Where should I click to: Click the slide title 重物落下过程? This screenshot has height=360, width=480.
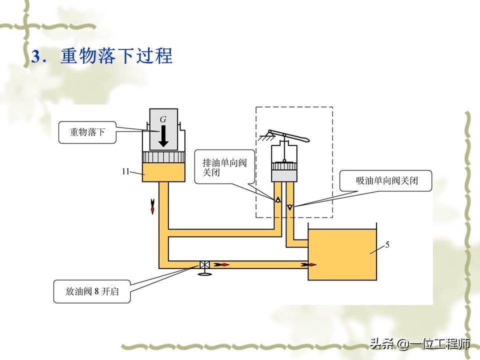116,56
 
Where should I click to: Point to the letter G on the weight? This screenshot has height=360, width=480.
163,120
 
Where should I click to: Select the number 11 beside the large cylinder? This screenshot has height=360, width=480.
126,171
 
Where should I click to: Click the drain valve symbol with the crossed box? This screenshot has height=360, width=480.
204,265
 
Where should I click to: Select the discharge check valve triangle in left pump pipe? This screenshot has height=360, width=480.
276,199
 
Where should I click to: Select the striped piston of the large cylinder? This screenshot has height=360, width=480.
164,157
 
